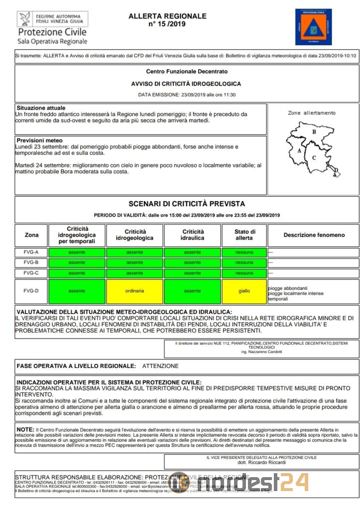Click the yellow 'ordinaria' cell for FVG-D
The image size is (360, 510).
(134, 291)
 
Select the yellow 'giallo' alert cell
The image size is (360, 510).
(244, 291)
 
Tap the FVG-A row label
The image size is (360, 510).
(31, 252)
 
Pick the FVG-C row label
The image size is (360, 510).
(31, 273)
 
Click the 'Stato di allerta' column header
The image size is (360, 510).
(244, 235)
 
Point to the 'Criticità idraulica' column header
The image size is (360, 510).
(192, 235)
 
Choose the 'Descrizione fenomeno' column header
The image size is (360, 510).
(314, 235)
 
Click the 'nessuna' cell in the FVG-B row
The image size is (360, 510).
(244, 262)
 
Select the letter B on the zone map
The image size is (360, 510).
(314, 132)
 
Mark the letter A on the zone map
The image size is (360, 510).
(299, 150)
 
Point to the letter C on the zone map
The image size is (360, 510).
(314, 158)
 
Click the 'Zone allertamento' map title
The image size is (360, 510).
(312, 113)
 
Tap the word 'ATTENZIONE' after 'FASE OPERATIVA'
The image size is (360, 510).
(160, 366)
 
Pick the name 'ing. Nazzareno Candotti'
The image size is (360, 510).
(261, 352)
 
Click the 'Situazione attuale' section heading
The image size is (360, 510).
(41, 108)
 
